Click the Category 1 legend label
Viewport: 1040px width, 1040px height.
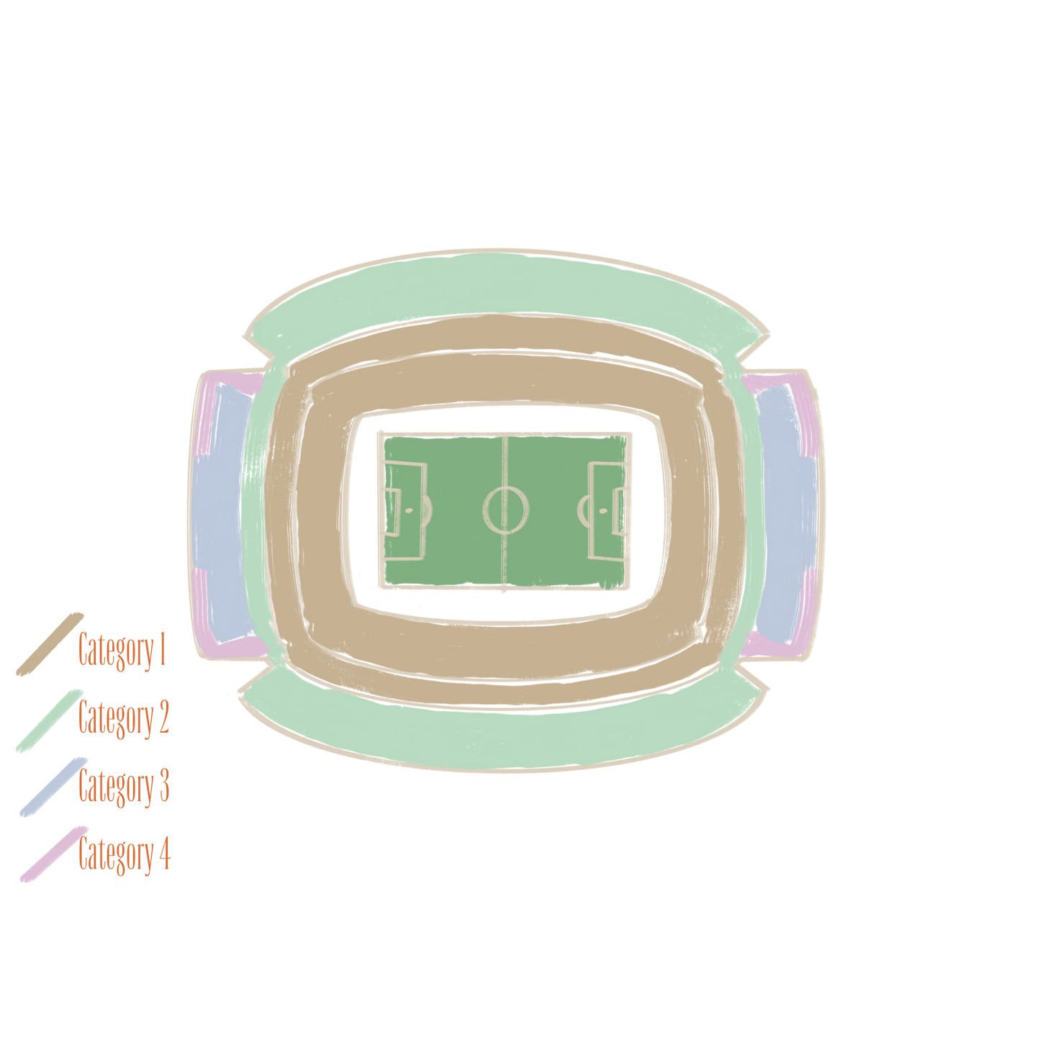pos(122,651)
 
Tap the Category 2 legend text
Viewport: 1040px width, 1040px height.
pos(124,718)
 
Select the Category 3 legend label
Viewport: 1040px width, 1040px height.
pos(124,786)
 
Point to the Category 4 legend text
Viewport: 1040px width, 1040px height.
pos(124,854)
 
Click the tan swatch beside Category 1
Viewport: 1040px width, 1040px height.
pos(50,644)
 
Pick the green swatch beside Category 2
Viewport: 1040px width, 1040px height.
pos(49,720)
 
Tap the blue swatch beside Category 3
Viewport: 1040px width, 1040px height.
pos(53,787)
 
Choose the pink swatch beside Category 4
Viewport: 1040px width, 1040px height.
pos(54,854)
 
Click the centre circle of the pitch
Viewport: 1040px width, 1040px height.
pos(506,510)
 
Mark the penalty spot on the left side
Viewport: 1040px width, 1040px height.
pos(409,510)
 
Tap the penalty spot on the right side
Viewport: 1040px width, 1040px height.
pos(602,510)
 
